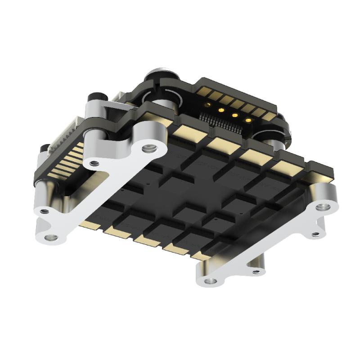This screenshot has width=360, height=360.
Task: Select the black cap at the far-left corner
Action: [44, 149]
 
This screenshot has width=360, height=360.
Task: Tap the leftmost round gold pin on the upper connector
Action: [207, 105]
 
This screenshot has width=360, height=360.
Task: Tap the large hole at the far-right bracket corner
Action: [321, 207]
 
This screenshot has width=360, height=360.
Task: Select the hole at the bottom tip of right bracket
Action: [208, 282]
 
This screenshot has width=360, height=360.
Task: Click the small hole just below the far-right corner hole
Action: [318, 234]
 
